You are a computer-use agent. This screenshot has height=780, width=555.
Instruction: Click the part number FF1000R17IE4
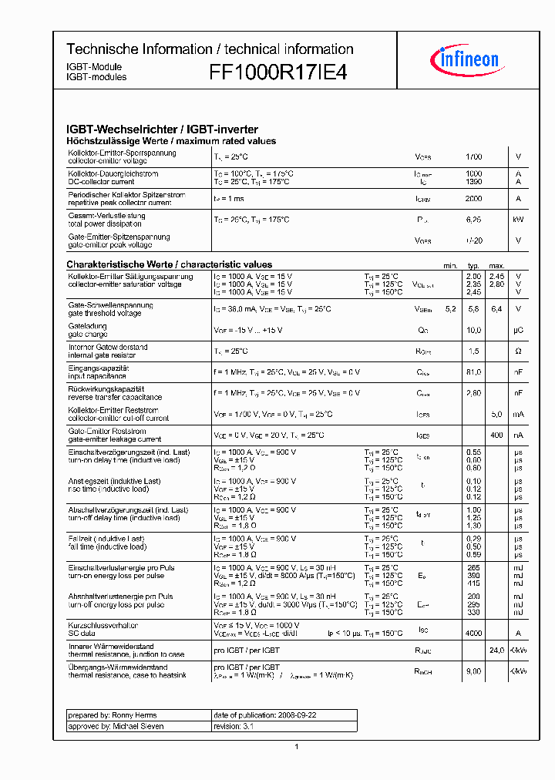[278, 72]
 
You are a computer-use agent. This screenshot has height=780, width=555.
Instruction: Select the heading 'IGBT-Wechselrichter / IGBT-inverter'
[162, 129]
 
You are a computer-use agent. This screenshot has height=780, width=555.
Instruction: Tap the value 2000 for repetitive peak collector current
[473, 199]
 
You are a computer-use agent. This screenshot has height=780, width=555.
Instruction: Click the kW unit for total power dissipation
[518, 220]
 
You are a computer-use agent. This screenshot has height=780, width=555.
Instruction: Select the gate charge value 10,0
[473, 330]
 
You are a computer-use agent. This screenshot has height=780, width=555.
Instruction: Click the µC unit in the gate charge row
[518, 330]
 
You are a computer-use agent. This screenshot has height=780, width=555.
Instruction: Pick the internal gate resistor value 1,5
[473, 351]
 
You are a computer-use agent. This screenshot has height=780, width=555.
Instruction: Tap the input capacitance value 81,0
[473, 372]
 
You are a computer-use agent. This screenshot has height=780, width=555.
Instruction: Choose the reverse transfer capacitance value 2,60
[473, 393]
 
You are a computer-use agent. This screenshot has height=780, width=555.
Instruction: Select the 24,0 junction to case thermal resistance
[496, 651]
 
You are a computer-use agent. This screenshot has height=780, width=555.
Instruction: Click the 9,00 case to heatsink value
[473, 671]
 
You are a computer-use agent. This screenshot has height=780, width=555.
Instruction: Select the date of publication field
[284, 715]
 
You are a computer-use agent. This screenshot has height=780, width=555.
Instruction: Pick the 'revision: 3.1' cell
[284, 726]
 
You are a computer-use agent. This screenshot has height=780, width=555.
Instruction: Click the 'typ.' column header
[473, 265]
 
